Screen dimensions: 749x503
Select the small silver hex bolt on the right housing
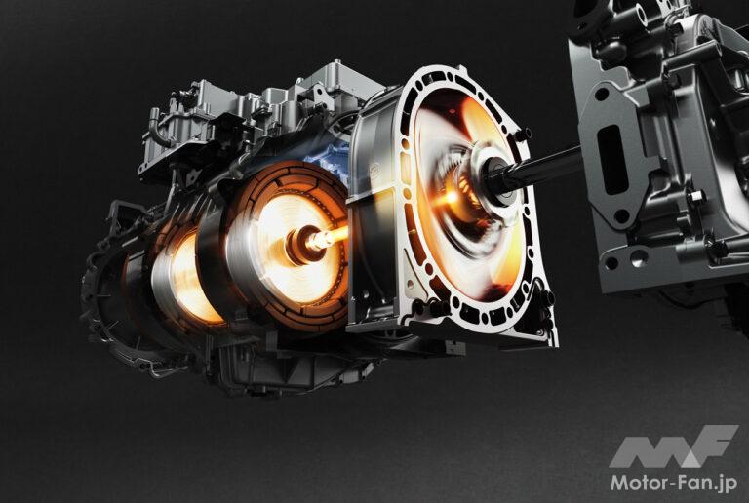[x=696, y=196]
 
